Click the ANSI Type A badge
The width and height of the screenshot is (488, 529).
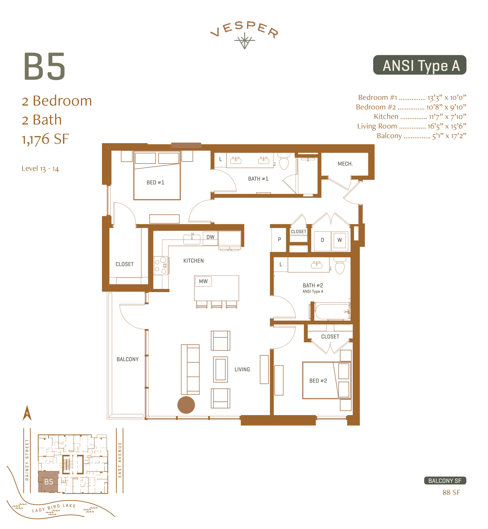click(419, 65)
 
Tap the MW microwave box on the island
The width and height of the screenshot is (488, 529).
click(203, 281)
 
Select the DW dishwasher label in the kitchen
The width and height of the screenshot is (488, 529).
click(210, 237)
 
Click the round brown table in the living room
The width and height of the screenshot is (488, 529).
click(186, 405)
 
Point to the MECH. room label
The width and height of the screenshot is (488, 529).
click(345, 164)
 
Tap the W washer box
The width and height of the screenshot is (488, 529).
click(340, 240)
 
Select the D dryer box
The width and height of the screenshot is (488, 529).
click(322, 240)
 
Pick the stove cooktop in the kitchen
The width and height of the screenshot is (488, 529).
click(161, 266)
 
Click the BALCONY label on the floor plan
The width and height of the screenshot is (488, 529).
click(127, 359)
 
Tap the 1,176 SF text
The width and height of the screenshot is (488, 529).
click(45, 139)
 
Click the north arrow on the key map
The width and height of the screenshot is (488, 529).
click(27, 413)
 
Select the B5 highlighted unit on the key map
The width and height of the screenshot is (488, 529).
click(49, 482)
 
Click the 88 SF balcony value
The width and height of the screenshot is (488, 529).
click(451, 493)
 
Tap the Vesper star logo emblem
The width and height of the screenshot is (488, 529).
click(244, 41)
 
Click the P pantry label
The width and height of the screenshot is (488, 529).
click(279, 240)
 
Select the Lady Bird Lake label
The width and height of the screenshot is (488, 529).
click(54, 508)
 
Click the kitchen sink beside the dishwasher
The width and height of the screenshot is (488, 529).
click(192, 239)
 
